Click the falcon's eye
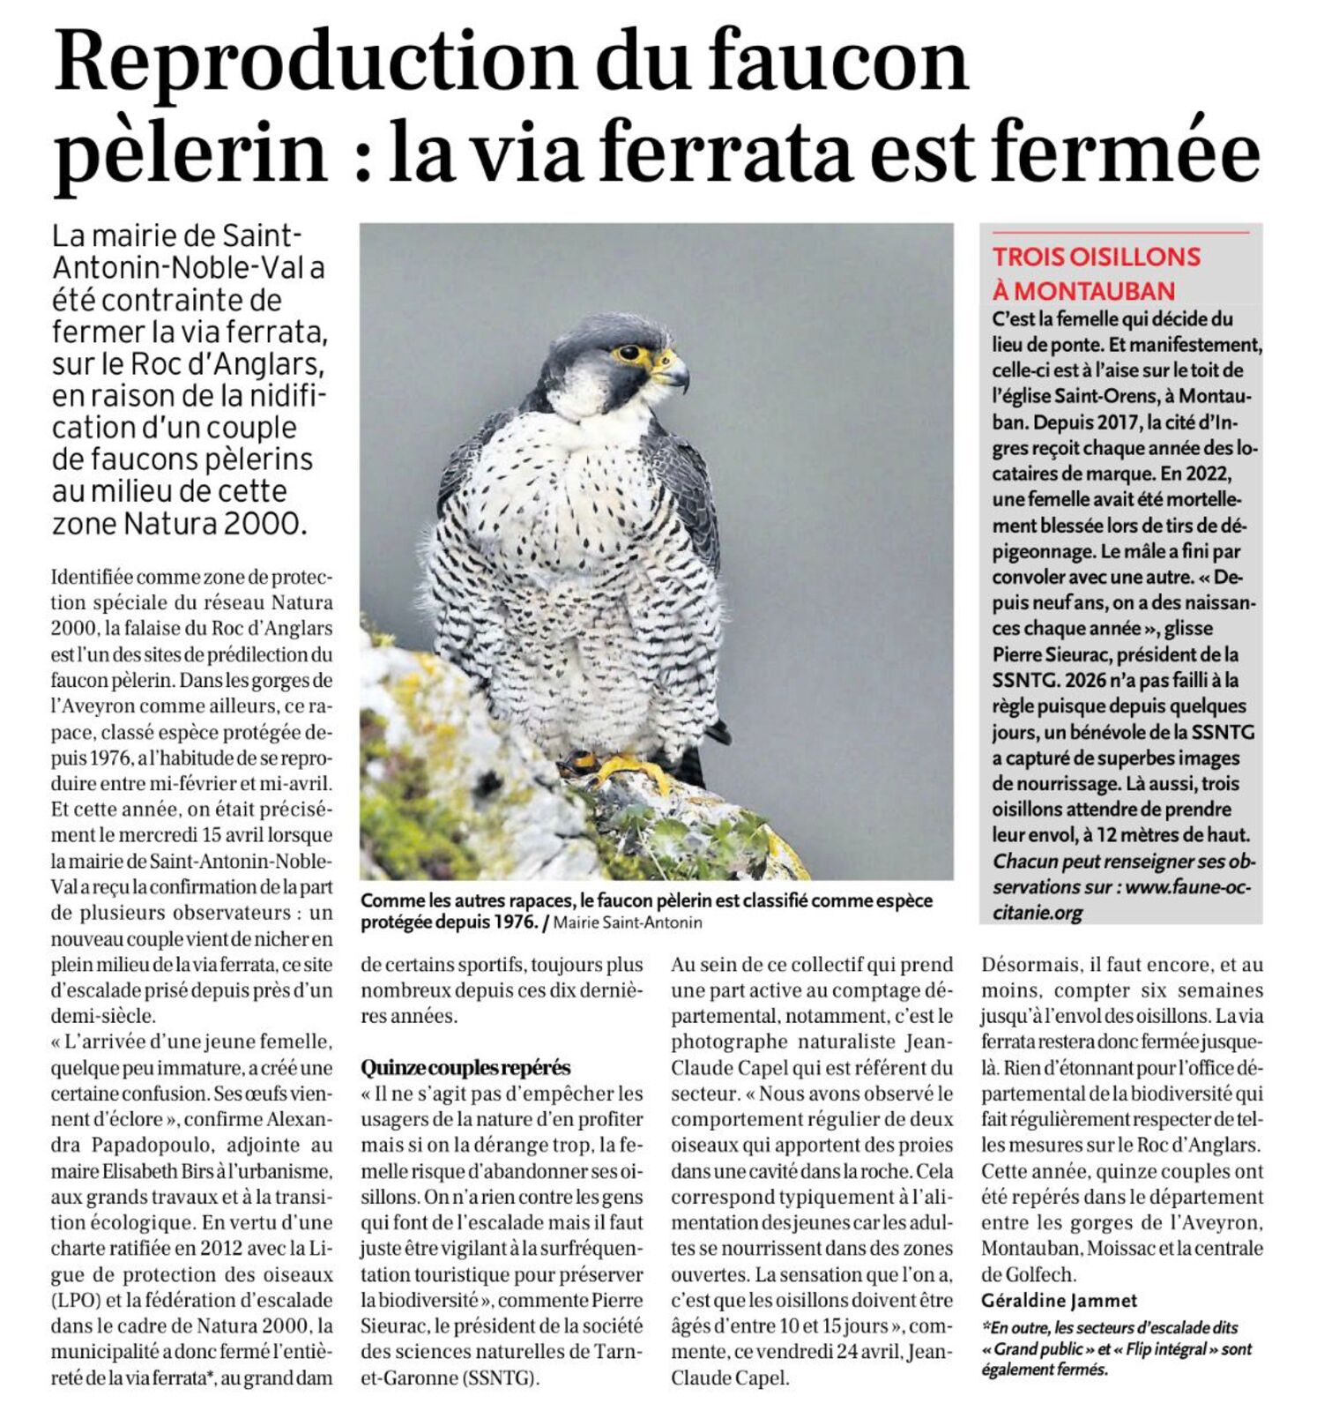coord(629,353)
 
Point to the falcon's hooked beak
coord(677,375)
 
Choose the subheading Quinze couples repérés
coord(465,1068)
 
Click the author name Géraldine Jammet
coord(1059,1301)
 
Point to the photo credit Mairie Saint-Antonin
coord(628,923)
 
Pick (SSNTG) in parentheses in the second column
coord(499,1377)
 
